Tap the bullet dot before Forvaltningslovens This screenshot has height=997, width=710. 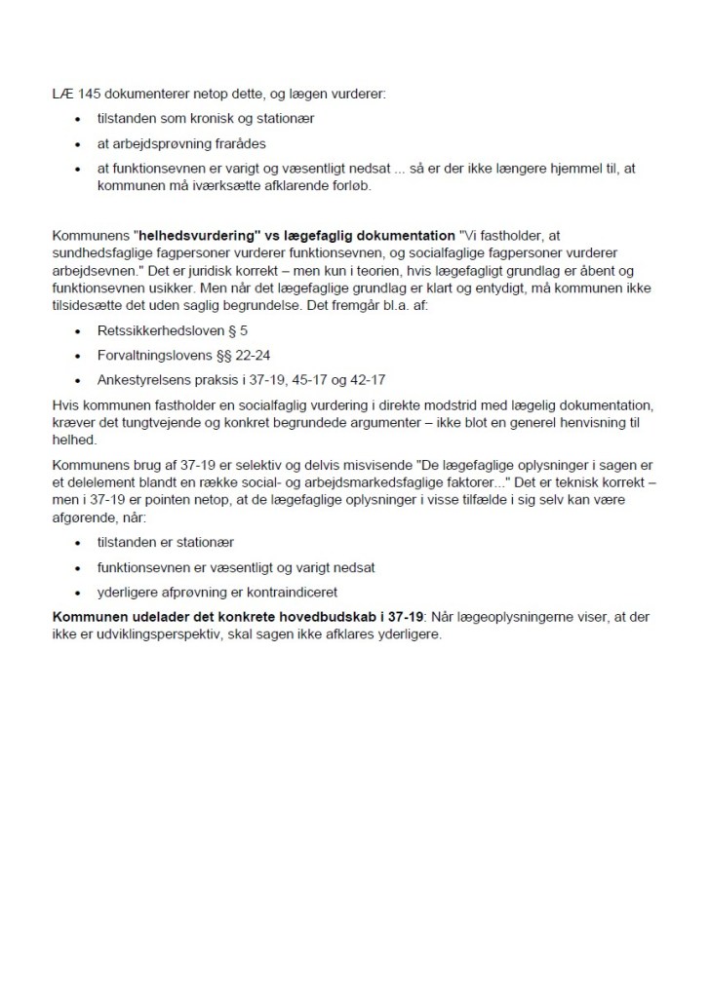(x=78, y=356)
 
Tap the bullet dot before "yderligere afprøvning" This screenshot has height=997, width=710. (x=78, y=591)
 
